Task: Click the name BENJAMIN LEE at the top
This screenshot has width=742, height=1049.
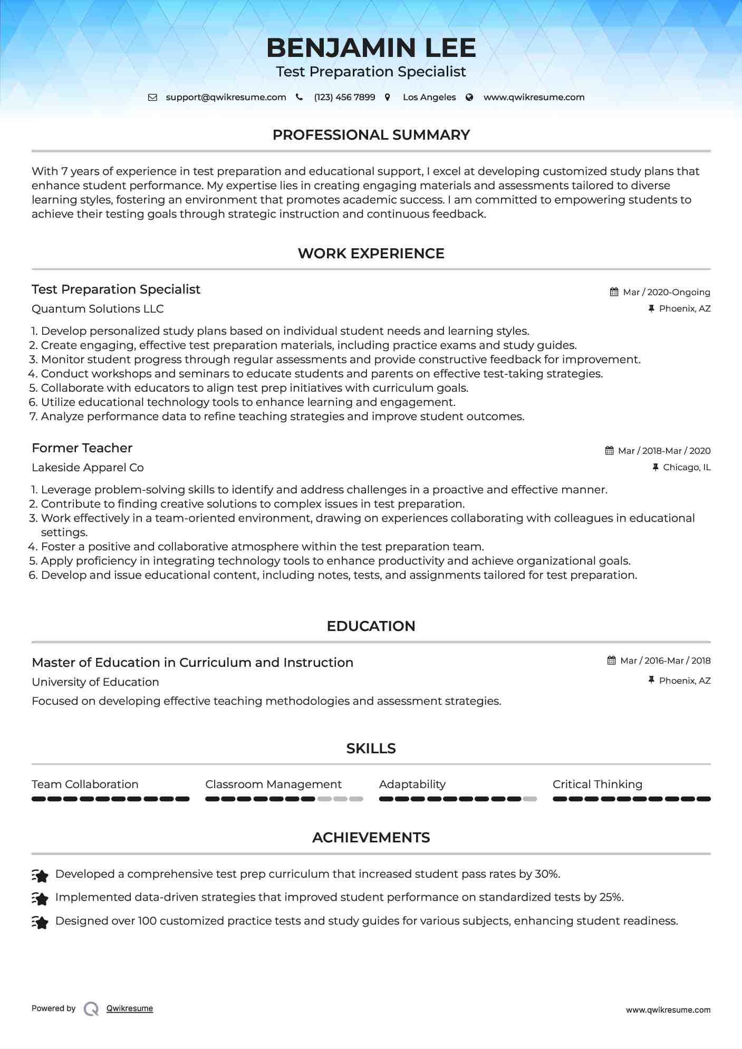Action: (371, 48)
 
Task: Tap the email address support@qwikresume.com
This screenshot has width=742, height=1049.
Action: (226, 97)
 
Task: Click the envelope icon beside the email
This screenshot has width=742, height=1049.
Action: (152, 97)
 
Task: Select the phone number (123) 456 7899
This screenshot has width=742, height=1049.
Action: (344, 97)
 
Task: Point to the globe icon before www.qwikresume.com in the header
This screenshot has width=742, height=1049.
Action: (469, 97)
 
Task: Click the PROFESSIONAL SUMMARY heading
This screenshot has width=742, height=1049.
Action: (371, 135)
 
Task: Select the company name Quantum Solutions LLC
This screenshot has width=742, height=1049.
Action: (98, 309)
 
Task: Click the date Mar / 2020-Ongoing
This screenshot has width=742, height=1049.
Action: (666, 292)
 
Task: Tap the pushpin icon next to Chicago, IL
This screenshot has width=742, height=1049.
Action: (655, 467)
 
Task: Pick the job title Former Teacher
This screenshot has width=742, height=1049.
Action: (82, 448)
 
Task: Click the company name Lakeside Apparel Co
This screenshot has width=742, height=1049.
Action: (88, 468)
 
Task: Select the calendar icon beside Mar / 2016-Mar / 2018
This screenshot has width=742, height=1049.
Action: (611, 661)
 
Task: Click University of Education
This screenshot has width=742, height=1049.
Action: (95, 682)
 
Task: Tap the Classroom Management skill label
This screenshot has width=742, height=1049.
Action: (273, 784)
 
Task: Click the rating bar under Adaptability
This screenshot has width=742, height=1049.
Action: (457, 799)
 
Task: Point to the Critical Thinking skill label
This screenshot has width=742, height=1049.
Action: (597, 784)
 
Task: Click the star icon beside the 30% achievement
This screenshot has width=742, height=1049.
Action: (40, 876)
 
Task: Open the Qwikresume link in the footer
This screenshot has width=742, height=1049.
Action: (129, 1008)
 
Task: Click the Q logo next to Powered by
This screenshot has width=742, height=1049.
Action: (91, 1008)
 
